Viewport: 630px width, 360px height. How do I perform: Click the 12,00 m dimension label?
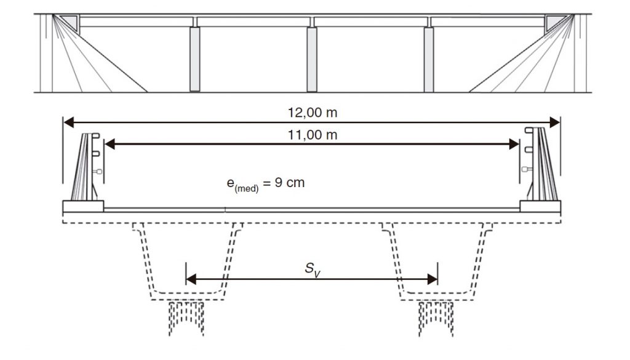312,113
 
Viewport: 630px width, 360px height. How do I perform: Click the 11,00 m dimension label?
312,135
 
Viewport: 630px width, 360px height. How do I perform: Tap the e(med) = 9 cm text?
266,183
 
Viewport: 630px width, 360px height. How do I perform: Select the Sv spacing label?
313,269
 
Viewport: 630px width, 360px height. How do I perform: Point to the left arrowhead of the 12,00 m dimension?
69,122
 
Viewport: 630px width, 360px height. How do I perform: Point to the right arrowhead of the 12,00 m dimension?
555,122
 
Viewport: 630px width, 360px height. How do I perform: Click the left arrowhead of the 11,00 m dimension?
110,144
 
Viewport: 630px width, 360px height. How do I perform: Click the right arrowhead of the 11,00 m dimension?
514,144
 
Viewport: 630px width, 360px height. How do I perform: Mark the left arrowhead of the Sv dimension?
191,279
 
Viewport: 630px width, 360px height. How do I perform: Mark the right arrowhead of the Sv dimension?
433,279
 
